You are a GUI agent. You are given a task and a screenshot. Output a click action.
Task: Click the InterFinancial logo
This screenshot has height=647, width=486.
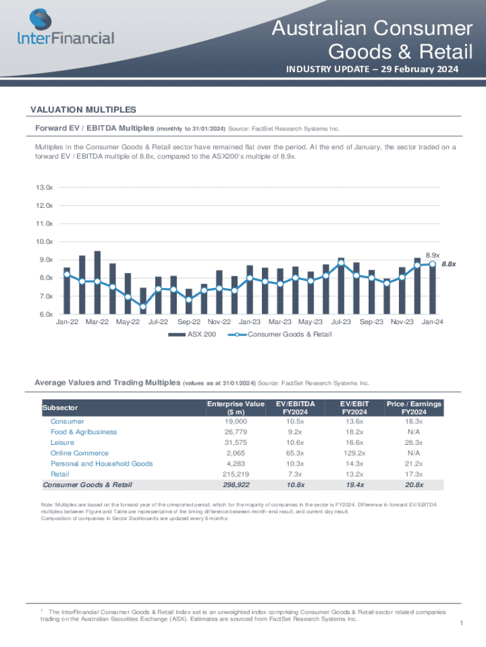pos(66,28)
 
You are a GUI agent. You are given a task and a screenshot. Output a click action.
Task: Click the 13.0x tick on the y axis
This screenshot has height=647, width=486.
pos(44,188)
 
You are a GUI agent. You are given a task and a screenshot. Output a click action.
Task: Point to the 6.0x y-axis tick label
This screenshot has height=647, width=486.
pos(44,315)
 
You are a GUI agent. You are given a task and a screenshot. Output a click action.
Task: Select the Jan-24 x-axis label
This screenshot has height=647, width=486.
pos(432,322)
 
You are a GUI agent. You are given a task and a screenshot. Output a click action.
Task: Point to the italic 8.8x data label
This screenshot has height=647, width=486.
pos(449,264)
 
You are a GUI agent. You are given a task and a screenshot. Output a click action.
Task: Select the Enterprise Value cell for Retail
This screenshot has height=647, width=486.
pos(235,474)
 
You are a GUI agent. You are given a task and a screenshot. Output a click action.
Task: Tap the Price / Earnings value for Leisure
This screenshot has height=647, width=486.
pos(414,442)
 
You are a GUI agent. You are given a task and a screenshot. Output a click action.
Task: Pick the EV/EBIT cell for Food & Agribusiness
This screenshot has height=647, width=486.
pos(354,432)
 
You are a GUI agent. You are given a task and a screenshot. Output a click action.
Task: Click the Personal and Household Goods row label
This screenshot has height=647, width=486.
pos(101,464)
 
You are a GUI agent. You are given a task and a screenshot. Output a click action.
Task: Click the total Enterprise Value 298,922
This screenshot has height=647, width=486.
pos(235,485)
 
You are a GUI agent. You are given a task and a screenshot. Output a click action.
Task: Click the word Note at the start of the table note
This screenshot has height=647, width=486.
pos(48,505)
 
